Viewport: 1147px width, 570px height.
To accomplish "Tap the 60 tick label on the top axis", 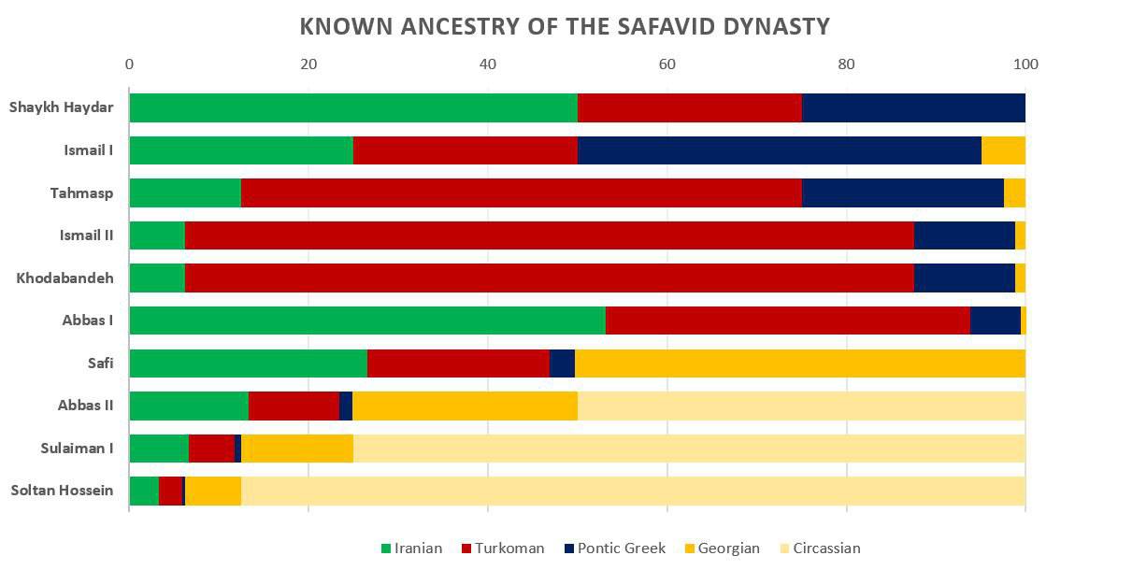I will [x=667, y=64].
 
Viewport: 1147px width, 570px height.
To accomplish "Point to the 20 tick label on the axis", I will [x=308, y=64].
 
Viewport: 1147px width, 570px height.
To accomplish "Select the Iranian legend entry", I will [x=411, y=549].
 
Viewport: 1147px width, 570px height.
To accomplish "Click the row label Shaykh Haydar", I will [x=62, y=107].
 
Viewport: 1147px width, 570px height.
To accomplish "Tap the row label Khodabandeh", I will [x=65, y=278].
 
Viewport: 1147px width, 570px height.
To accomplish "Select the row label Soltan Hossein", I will [x=62, y=491].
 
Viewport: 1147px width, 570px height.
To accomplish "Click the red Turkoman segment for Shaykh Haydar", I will [x=689, y=107].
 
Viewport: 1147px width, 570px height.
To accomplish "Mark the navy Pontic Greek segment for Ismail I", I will [x=779, y=150].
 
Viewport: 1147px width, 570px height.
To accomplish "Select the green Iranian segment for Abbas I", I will [x=366, y=321].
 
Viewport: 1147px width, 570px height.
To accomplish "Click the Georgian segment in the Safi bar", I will [x=799, y=363].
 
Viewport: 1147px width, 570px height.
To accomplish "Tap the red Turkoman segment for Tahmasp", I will [x=521, y=192].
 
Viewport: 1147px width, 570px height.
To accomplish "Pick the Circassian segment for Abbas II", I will [x=801, y=406].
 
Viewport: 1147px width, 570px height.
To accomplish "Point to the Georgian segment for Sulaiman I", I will [x=296, y=449].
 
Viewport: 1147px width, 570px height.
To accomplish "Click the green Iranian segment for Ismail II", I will [x=156, y=235].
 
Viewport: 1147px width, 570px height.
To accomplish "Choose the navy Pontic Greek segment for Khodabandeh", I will [x=964, y=278].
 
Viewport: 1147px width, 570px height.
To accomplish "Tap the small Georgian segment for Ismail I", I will [x=1003, y=150].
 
